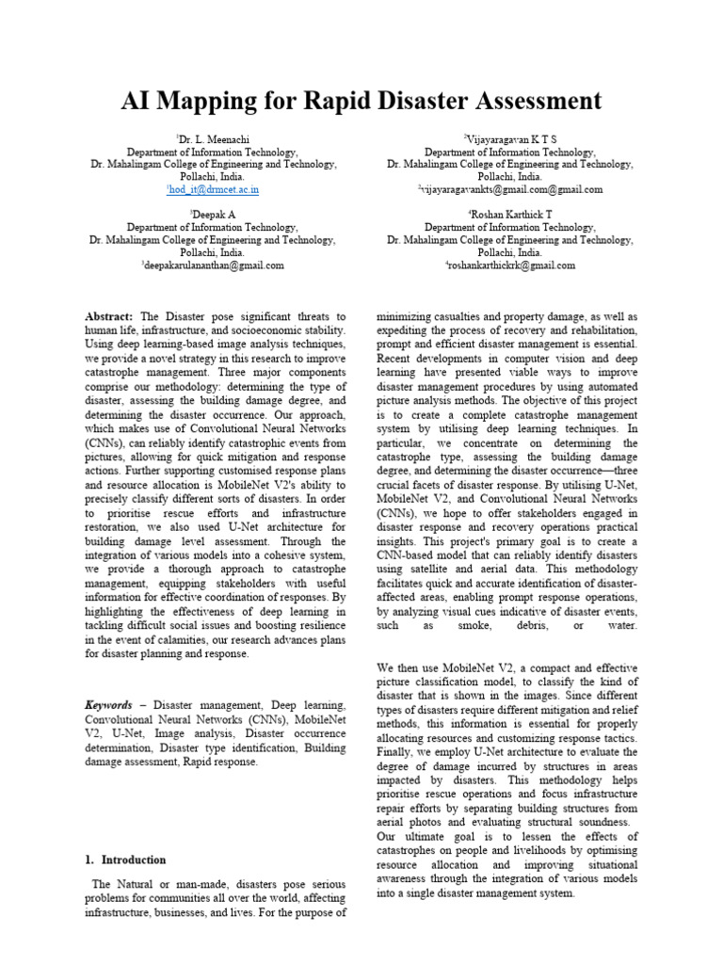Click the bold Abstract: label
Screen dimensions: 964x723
click(109, 317)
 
